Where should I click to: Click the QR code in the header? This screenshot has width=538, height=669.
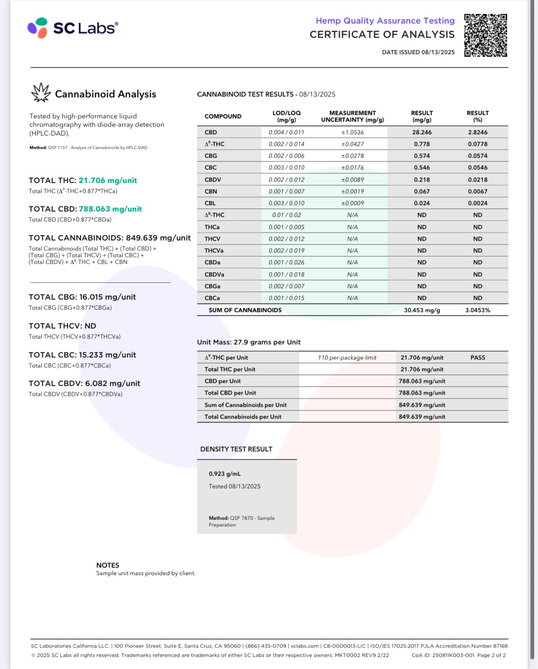pos(486,35)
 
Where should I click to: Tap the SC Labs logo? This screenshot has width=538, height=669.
pos(73,28)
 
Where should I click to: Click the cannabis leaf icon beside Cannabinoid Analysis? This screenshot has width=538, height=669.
pos(41,93)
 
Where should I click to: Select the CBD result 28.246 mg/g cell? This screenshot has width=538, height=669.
pos(422,132)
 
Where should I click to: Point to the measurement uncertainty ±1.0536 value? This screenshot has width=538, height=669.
pos(352,132)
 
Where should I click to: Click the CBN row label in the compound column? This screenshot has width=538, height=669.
pos(211,191)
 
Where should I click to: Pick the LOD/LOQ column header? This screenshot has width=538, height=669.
pos(287,116)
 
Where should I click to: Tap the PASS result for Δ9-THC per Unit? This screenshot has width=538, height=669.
pos(478,357)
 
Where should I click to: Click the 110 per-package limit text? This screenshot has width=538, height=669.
pos(347,357)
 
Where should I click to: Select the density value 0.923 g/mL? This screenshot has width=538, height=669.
pos(225,474)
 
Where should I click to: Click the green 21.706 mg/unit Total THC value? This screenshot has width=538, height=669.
pos(108,180)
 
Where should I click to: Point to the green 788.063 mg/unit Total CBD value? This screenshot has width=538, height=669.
pos(110,209)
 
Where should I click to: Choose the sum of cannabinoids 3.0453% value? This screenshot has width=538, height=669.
pos(477,310)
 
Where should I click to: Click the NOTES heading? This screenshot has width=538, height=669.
pos(108,565)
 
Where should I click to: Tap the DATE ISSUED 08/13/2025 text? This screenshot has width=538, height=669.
pos(418,52)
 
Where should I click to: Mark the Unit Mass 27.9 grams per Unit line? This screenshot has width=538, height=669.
pos(248,342)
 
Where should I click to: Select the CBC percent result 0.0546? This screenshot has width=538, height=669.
pos(478,167)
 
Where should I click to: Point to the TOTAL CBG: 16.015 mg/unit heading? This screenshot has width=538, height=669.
pos(82,297)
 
